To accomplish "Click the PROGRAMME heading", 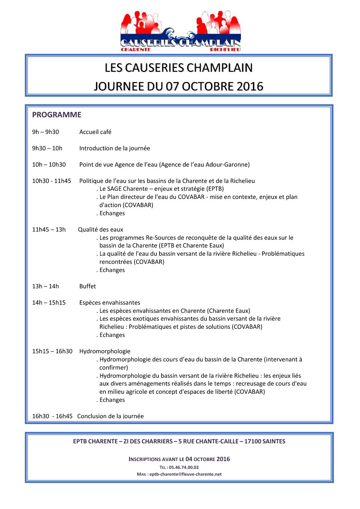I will tap(56, 115).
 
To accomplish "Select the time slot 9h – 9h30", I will tap(46, 132).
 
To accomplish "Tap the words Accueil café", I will tap(95, 132).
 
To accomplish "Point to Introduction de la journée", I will tap(115, 148).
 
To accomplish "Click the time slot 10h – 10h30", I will tap(49, 165).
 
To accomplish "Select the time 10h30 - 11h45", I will tap(52, 181).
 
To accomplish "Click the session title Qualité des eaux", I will tap(101, 230).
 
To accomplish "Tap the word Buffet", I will tap(88, 286).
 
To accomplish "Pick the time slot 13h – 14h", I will tap(46, 286).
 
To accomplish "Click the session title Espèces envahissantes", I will tap(110, 303).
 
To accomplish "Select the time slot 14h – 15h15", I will tap(49, 303).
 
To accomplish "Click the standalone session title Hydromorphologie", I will tap(105, 351).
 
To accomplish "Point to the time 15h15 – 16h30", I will tap(52, 351).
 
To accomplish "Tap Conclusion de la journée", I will tap(111, 416).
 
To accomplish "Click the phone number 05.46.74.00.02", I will tap(184, 468).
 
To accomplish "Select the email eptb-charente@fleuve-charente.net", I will tap(185, 474).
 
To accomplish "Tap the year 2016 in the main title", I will tap(250, 86).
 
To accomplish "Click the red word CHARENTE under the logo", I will tap(136, 50).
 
